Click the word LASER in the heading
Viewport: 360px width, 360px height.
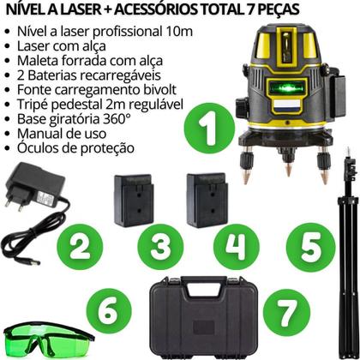coord(86,9)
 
